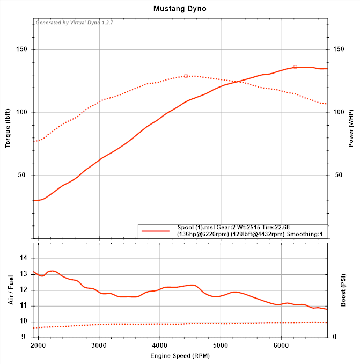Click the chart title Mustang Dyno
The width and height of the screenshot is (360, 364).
[x=180, y=9]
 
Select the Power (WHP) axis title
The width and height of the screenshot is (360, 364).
[x=351, y=128]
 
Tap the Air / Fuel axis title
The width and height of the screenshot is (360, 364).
[x=11, y=290]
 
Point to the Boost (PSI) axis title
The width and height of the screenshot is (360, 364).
[x=343, y=290]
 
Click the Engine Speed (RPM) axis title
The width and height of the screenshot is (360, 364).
[x=180, y=356]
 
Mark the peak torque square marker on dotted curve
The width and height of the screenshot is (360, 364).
[x=186, y=76]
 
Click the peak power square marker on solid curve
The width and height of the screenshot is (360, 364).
[x=295, y=67]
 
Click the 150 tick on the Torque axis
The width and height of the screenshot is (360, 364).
[x=22, y=50]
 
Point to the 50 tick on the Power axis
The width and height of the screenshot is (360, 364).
[x=338, y=176]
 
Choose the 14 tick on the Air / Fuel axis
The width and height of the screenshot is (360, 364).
[x=23, y=258]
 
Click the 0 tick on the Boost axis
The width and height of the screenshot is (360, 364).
[x=334, y=337]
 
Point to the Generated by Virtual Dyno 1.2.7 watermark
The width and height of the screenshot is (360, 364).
[x=75, y=23]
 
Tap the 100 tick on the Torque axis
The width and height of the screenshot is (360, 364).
[x=22, y=113]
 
